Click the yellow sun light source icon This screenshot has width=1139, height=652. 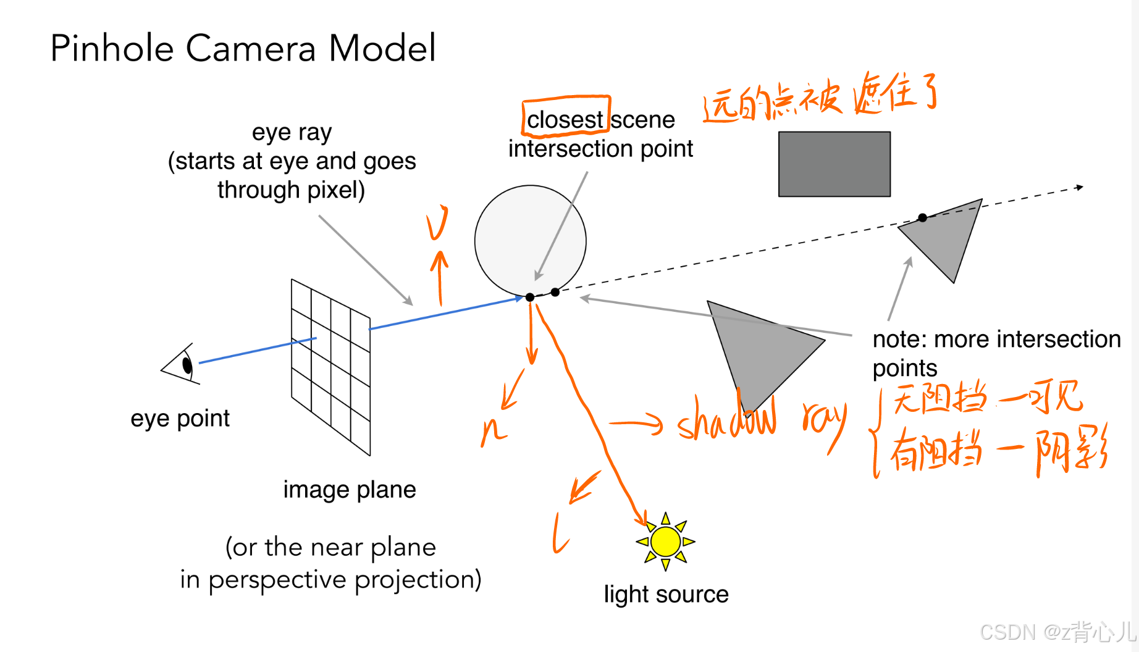pos(665,541)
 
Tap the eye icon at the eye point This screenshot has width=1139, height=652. pos(182,365)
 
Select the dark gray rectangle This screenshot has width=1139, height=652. pos(834,164)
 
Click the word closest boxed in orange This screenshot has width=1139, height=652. pos(565,119)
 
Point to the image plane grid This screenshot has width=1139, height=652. pos(330,367)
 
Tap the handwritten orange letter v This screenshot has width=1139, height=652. pos(437,222)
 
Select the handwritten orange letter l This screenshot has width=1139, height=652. pos(560,534)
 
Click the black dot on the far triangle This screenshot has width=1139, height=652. pos(922,217)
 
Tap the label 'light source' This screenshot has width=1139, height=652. pos(666,594)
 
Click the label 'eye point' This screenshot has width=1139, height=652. pos(180,419)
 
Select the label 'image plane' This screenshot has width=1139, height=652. pos(349,490)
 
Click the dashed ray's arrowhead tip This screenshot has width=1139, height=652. pos(1082,186)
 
